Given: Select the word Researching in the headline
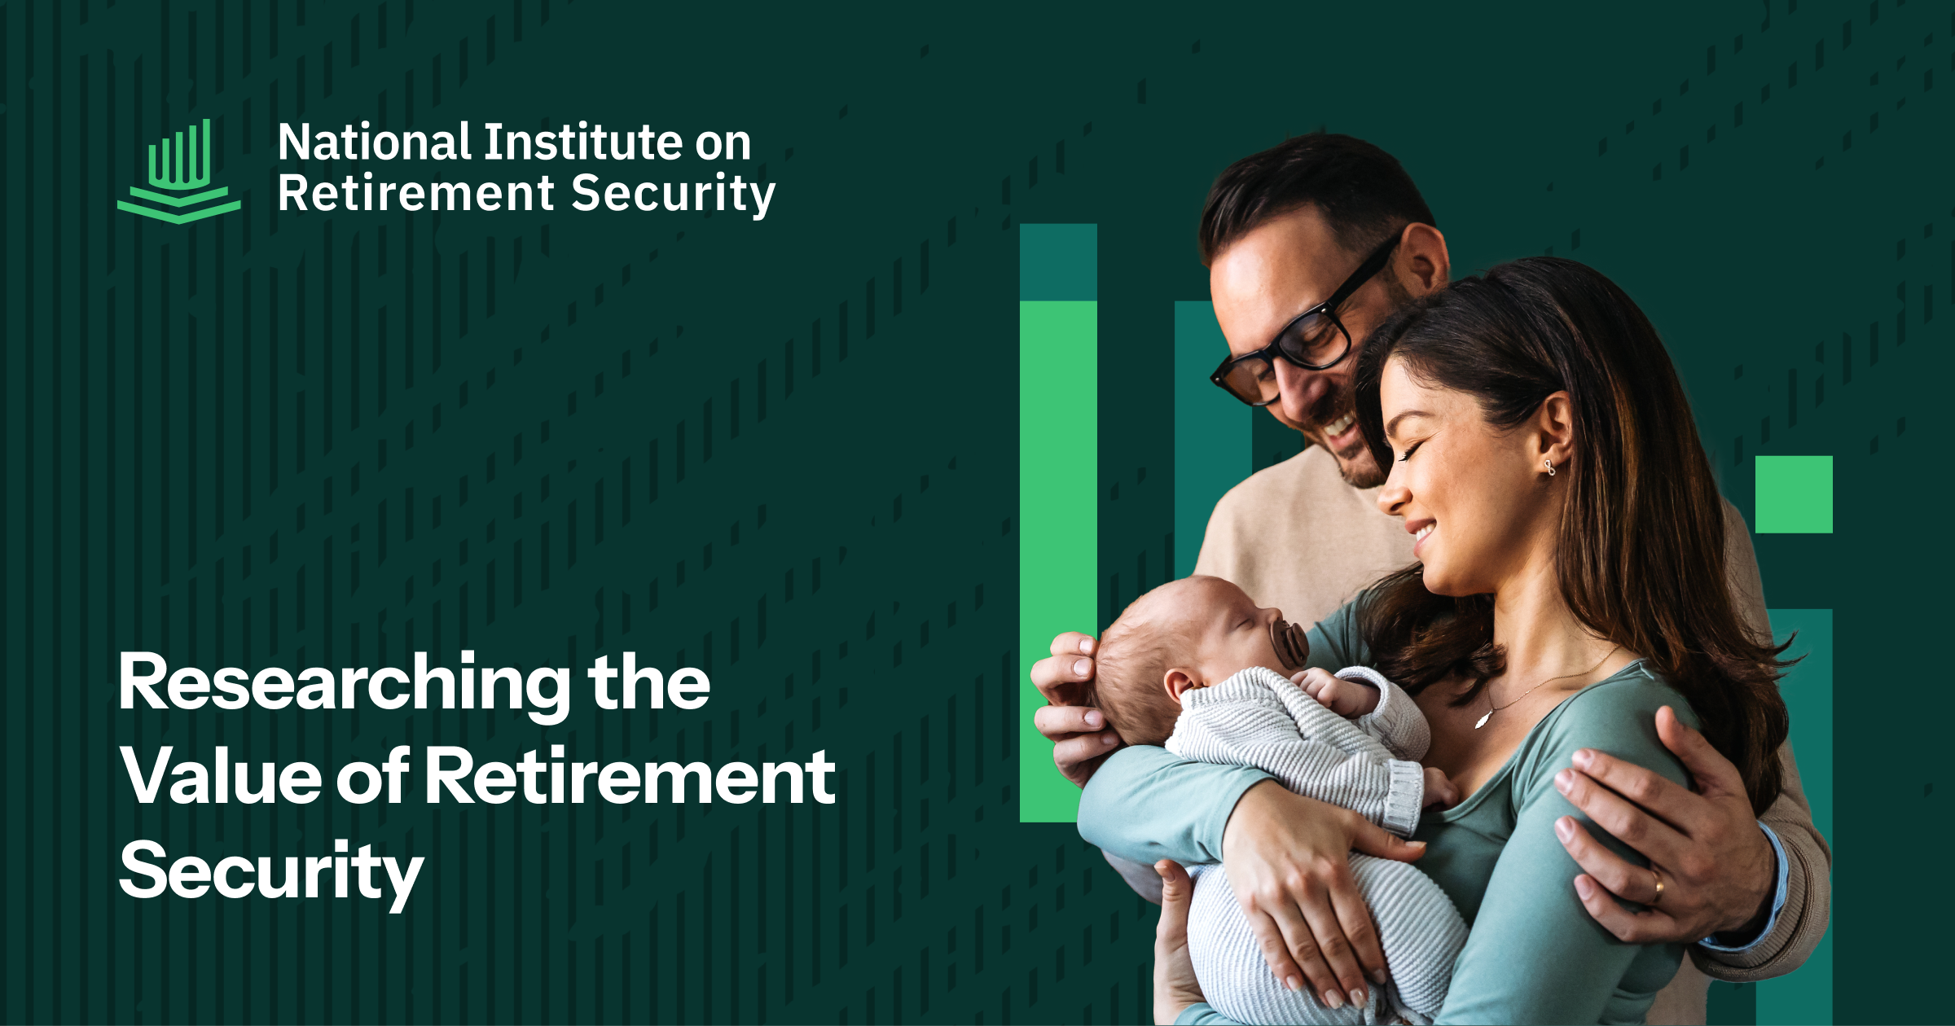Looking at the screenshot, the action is tap(345, 685).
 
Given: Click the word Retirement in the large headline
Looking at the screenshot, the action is tap(630, 777).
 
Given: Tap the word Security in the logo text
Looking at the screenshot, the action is tap(674, 195).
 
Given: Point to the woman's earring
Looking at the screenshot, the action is tap(1549, 467).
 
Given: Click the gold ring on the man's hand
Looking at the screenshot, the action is tap(1657, 887).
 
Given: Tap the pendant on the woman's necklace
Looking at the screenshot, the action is tap(1483, 718).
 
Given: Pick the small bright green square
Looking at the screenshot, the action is tap(1794, 494).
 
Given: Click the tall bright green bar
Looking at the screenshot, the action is tap(1058, 561).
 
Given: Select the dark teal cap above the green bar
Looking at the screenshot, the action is tap(1058, 262).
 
